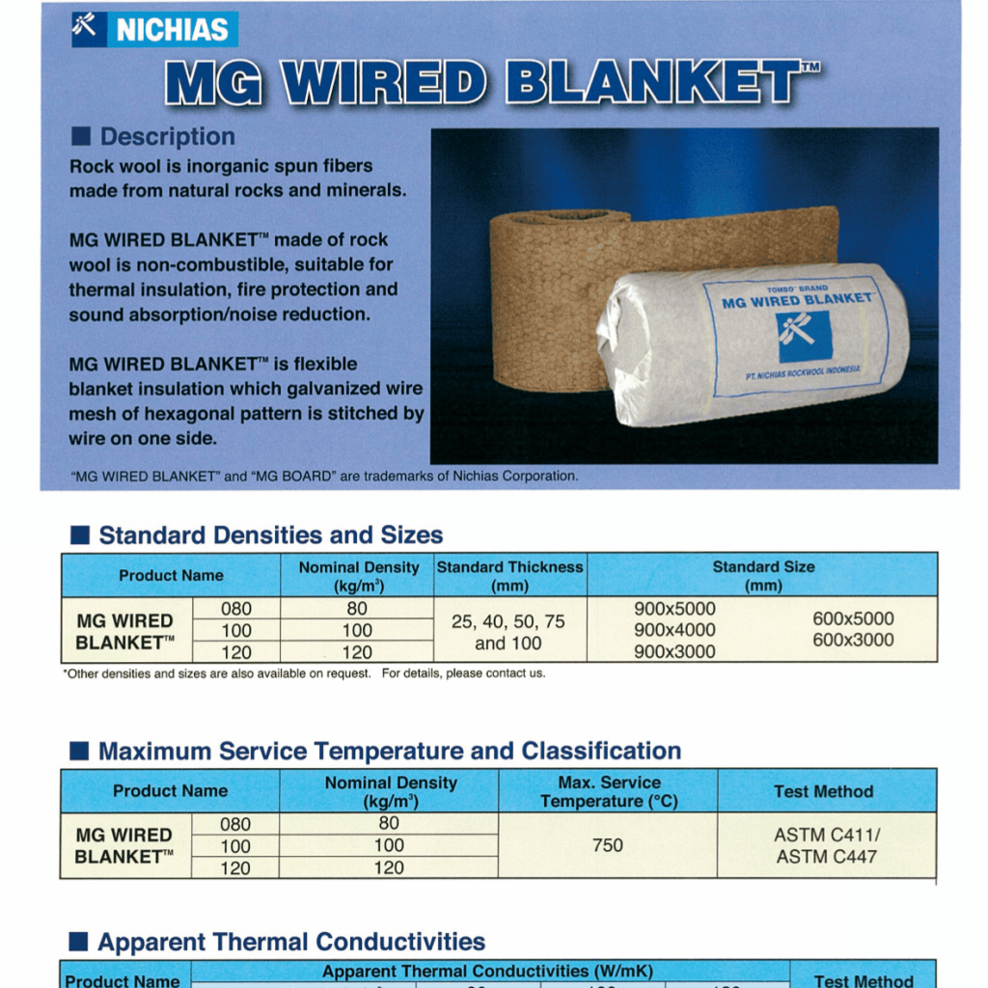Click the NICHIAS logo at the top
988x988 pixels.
[x=155, y=29]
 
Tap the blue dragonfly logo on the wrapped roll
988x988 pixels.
[x=805, y=337]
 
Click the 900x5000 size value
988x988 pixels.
[x=674, y=609]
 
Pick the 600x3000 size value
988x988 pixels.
[x=853, y=640]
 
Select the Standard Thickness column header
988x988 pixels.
[x=509, y=576]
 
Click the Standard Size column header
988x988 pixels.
[x=763, y=576]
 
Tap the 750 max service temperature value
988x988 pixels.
[x=608, y=845]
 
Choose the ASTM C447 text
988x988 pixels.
[x=826, y=857]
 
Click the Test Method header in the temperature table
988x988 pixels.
[x=824, y=791]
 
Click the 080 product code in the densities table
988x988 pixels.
[x=236, y=609]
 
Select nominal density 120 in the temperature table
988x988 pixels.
[x=389, y=867]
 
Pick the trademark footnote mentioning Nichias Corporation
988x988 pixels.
[x=324, y=476]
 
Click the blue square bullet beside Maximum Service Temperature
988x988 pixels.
[x=79, y=751]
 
